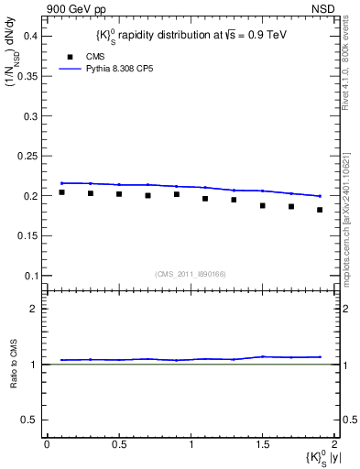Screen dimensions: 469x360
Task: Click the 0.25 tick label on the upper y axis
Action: click(x=27, y=156)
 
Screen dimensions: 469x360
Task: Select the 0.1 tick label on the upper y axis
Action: click(x=30, y=276)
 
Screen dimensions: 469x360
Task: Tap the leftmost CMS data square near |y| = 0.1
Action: click(x=61, y=192)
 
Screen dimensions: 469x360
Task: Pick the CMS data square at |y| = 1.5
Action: click(x=262, y=205)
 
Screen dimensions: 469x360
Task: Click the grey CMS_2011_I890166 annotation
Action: click(x=191, y=274)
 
